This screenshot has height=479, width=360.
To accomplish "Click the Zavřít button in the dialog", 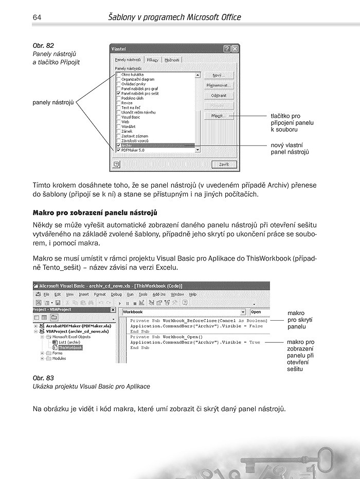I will (224, 164).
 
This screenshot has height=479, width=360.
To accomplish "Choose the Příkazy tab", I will (152, 60).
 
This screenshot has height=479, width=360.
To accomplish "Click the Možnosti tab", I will (172, 60).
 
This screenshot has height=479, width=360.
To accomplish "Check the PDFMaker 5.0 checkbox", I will (119, 150).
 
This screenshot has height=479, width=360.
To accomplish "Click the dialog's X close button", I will (235, 48).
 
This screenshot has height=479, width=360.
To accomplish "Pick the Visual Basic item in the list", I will (131, 117).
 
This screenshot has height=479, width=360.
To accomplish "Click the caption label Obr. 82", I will (43, 46).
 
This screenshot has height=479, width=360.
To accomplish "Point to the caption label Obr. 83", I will (43, 378).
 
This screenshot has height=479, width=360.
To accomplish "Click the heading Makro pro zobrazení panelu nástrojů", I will (95, 212).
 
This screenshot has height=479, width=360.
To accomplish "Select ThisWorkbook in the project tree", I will (70, 347).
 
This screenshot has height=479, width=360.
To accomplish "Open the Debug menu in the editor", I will (116, 294).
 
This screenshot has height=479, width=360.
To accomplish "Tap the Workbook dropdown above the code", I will (183, 311).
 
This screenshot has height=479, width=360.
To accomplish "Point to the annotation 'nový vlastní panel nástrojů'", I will (290, 149).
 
